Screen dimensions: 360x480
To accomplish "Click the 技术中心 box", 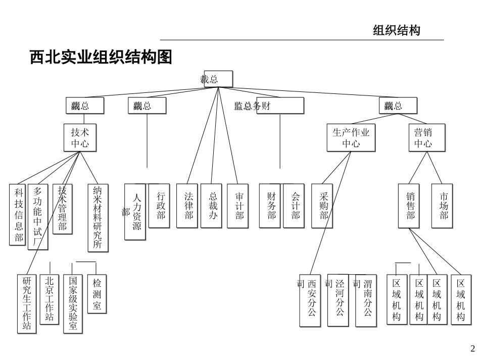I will click(x=80, y=138).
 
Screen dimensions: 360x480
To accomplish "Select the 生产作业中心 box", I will click(x=351, y=138).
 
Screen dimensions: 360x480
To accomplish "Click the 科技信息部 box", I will click(x=19, y=215).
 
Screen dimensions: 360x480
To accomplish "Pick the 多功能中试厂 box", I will click(x=38, y=217).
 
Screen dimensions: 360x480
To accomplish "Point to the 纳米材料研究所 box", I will click(x=98, y=217).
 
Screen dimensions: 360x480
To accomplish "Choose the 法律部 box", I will click(x=188, y=205).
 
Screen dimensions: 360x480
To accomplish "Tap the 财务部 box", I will click(x=271, y=205).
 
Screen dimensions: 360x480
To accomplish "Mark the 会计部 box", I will click(x=295, y=205).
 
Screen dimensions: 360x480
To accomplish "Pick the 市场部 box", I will click(x=443, y=205).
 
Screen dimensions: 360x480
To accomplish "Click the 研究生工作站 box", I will click(x=27, y=303).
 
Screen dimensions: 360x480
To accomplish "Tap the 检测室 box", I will click(x=97, y=294).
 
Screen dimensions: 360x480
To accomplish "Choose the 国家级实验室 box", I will click(x=73, y=303).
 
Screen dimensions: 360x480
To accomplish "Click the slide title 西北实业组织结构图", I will click(x=101, y=58).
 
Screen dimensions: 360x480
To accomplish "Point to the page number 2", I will click(x=472, y=348).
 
